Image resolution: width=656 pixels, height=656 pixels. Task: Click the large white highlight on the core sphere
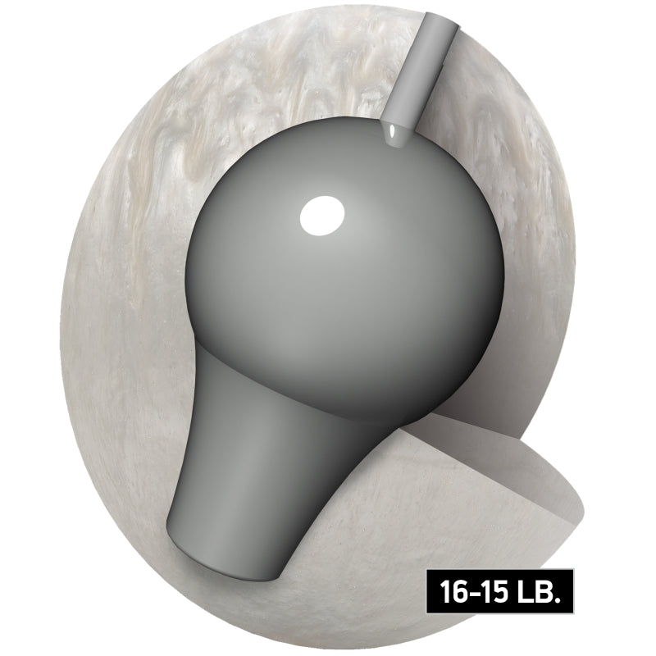click(x=321, y=216)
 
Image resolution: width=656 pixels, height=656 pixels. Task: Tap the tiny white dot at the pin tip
click(x=392, y=130)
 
